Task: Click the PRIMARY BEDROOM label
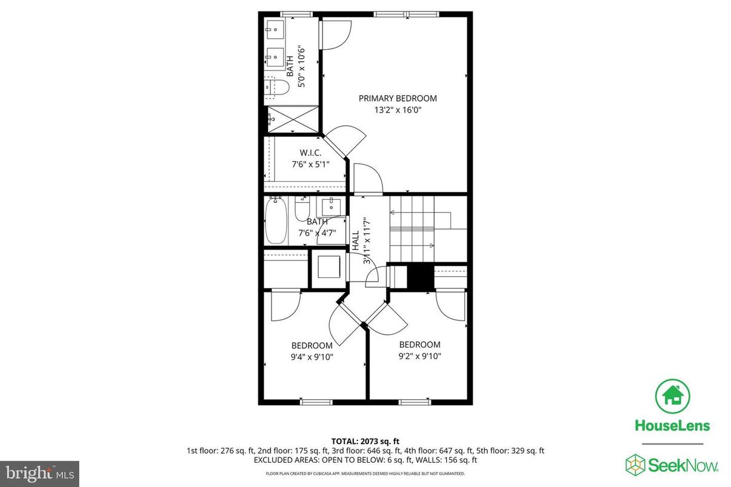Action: click(x=397, y=98)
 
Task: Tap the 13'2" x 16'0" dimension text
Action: click(x=397, y=110)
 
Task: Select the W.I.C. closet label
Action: click(x=310, y=152)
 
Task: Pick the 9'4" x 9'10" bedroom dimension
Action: click(x=312, y=357)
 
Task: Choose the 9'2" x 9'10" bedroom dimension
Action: click(x=419, y=356)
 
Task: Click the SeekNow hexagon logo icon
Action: click(x=635, y=465)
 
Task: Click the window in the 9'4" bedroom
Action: click(x=316, y=401)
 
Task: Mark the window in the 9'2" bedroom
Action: click(x=415, y=401)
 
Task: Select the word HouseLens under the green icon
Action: click(x=672, y=425)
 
